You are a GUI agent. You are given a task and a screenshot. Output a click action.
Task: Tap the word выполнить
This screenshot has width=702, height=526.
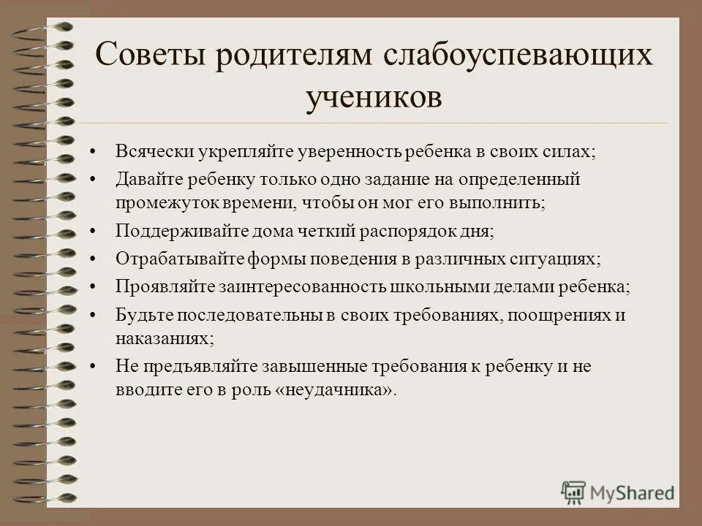pyautogui.click(x=500, y=201)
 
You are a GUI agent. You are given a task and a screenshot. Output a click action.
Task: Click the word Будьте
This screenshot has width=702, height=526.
pyautogui.click(x=140, y=316)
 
